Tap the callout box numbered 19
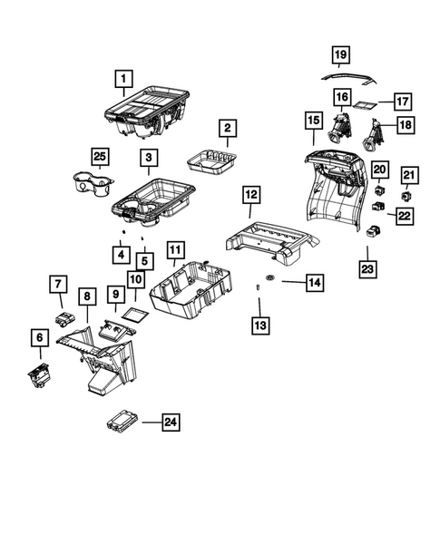click(339, 56)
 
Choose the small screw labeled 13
click(259, 287)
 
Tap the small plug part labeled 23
click(372, 232)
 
